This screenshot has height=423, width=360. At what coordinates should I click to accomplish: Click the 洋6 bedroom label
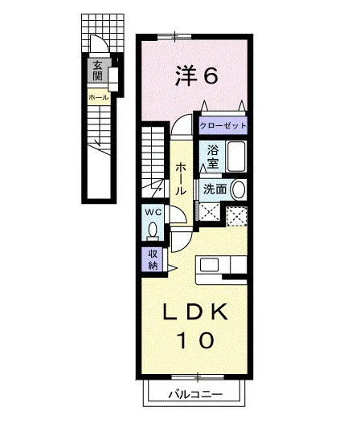pyautogui.click(x=196, y=76)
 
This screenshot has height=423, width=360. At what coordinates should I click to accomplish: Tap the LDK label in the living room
pyautogui.click(x=194, y=313)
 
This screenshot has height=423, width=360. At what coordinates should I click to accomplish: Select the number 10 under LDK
pyautogui.click(x=195, y=340)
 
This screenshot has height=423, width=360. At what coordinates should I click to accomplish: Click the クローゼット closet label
pyautogui.click(x=223, y=126)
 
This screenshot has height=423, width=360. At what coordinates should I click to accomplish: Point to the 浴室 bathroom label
pyautogui.click(x=213, y=157)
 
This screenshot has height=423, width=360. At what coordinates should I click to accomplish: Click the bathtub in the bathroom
pyautogui.click(x=236, y=157)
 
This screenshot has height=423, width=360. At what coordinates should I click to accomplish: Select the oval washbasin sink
pyautogui.click(x=239, y=189)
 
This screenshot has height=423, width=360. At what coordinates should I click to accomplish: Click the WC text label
pyautogui.click(x=153, y=213)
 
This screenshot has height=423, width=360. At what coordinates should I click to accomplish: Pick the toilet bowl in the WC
pyautogui.click(x=153, y=230)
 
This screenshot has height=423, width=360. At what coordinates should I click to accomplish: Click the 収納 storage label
pyautogui.click(x=153, y=260)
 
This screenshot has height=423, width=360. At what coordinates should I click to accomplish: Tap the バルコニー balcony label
pyautogui.click(x=196, y=395)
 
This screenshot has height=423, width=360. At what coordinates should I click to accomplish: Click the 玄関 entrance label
pyautogui.click(x=97, y=71)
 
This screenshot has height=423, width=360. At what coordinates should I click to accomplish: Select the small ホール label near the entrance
pyautogui.click(x=99, y=97)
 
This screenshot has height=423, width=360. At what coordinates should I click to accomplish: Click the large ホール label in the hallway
pyautogui.click(x=181, y=179)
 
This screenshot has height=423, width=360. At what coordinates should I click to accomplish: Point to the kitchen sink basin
pyautogui.click(x=209, y=265)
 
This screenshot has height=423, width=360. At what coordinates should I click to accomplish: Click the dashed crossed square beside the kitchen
pyautogui.click(x=236, y=216)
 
